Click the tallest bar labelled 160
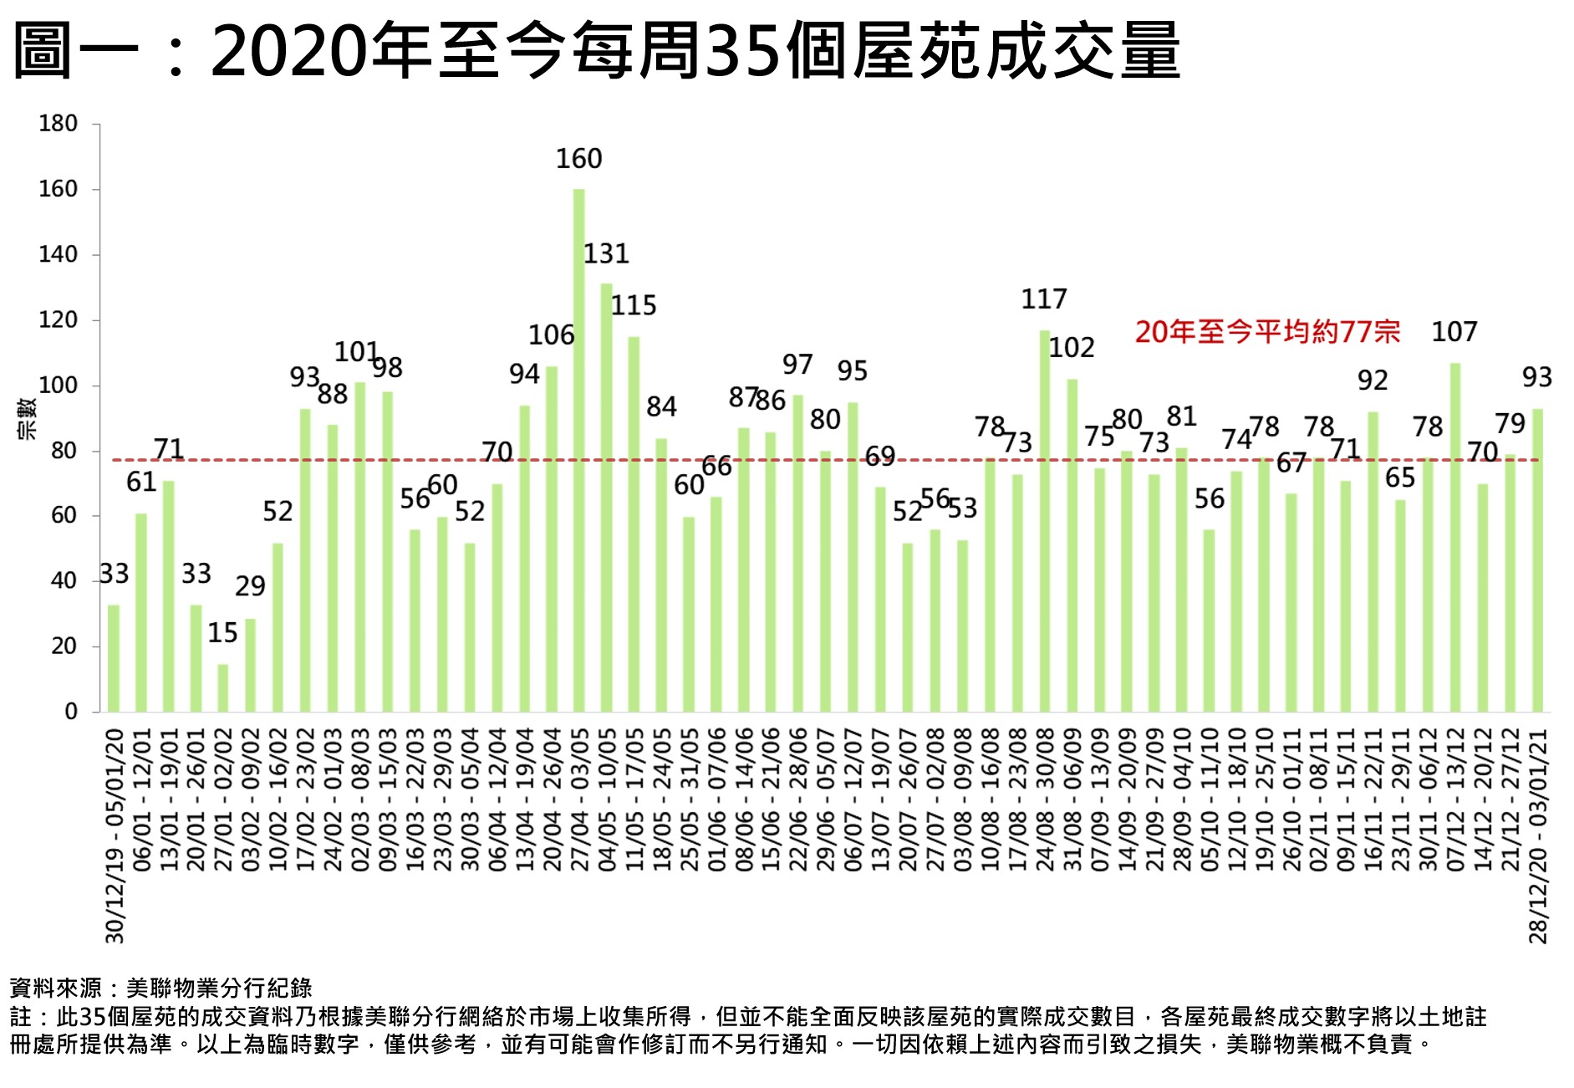pos(578,452)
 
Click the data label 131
pos(606,253)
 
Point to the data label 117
pos(1044,299)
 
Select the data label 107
pos(1454,332)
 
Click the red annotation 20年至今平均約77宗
pos(1267,332)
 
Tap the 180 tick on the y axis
pos(58,124)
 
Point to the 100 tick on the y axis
pos(58,386)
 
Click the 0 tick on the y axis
pos(70,712)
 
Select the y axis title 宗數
pos(28,419)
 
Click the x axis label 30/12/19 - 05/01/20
pos(115,835)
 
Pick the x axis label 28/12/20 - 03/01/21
pos(1538,835)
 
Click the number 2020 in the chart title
pos(289,52)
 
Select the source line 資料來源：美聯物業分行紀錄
pos(160,988)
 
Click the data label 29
pos(250,586)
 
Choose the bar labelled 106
pos(552,539)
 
